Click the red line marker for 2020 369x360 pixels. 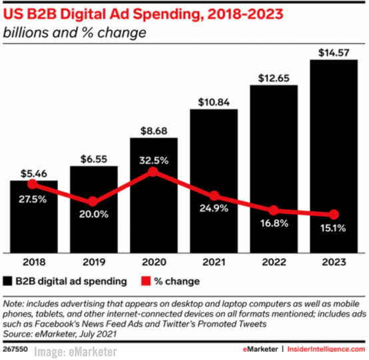[153, 172]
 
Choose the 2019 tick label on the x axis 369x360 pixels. [93, 263]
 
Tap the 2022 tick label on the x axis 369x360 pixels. [274, 263]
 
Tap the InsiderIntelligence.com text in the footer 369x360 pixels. [327, 350]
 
